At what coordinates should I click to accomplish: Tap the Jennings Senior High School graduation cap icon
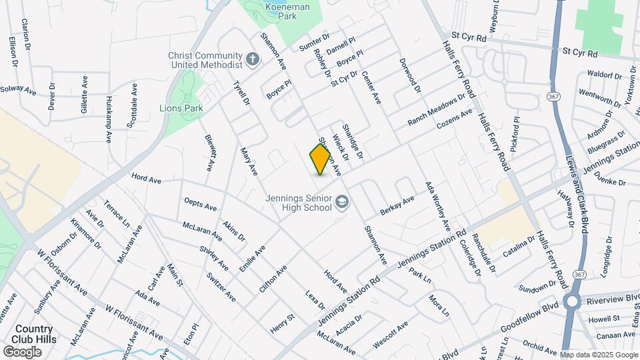[342, 201]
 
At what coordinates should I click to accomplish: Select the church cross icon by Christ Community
[252, 60]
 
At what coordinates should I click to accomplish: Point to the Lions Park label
[181, 107]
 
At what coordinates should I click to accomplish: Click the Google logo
[22, 351]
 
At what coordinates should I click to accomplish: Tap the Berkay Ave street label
[397, 205]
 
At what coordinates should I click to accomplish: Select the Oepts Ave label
[201, 203]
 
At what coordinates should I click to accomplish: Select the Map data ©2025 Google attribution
[598, 355]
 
